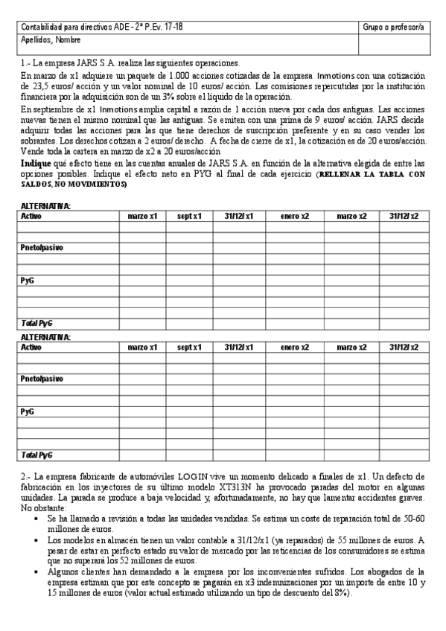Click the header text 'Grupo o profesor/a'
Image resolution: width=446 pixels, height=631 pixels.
[x=392, y=27]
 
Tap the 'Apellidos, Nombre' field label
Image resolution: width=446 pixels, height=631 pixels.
[x=51, y=39]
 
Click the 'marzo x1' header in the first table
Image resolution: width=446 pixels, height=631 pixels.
[x=142, y=216]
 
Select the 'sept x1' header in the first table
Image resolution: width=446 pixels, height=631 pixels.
[x=189, y=216]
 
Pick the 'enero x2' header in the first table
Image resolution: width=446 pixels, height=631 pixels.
[x=295, y=216]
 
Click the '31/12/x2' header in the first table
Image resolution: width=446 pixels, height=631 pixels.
[x=404, y=216]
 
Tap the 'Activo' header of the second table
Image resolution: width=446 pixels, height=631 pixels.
[x=32, y=347]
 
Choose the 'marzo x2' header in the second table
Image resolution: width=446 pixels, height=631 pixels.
[x=351, y=347]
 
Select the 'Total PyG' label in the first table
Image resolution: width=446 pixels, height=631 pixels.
[x=37, y=324]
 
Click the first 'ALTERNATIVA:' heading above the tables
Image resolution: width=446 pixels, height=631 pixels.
[x=45, y=205]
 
